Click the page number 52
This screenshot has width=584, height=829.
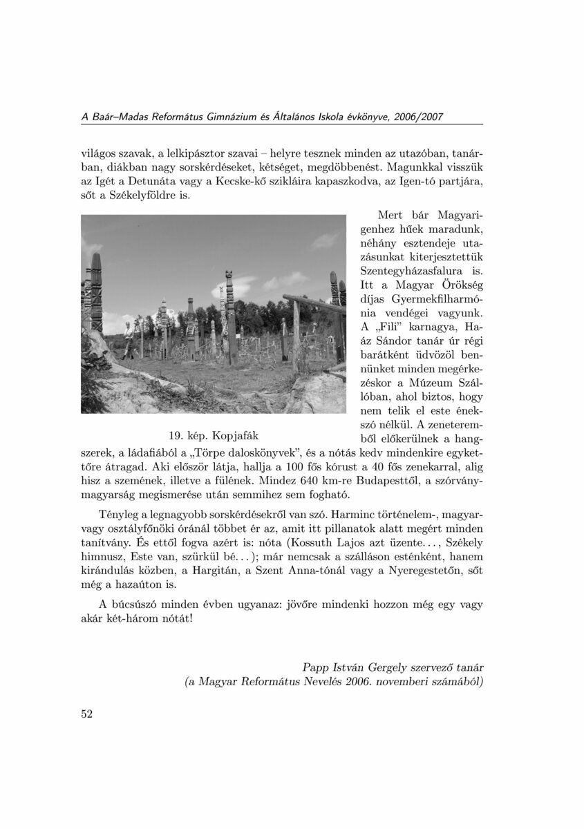[86, 714]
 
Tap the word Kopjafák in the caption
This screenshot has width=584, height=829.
[236, 436]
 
